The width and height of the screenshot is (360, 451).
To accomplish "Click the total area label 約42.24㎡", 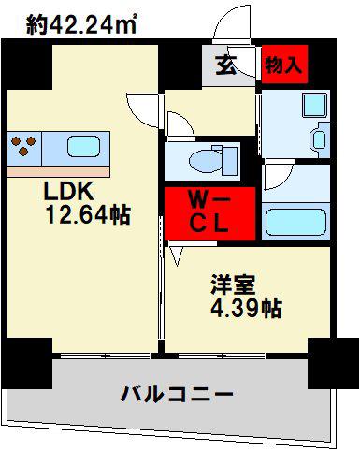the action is click(81, 24).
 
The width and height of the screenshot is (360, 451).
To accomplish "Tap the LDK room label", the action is click(69, 192).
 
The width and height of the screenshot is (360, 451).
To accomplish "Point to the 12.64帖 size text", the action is click(88, 214).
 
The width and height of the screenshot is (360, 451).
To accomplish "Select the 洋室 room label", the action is click(233, 284).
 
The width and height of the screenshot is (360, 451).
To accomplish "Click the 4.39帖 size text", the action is click(246, 308).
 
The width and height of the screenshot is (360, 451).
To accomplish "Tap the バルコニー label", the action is click(177, 394).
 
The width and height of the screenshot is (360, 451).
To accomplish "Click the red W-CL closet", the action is click(209, 213).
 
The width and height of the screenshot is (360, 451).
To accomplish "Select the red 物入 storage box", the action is click(284, 65).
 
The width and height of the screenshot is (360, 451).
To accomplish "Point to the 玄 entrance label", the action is click(225, 65).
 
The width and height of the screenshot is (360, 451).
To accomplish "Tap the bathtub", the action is click(295, 222).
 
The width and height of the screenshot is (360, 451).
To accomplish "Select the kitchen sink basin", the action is click(83, 146).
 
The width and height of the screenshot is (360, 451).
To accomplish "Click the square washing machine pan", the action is click(315, 105).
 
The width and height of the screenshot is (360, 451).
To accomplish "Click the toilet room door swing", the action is click(181, 124).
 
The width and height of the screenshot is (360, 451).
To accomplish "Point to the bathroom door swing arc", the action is click(279, 176).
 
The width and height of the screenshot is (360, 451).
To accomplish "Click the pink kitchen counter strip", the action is click(59, 171).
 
